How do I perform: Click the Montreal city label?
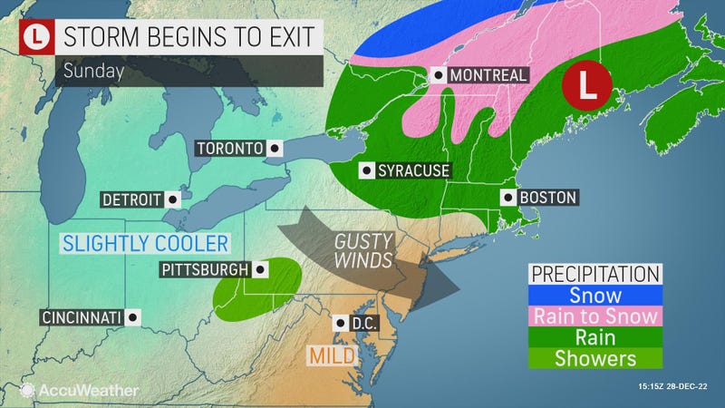click(x=488, y=75)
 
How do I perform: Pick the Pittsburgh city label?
click(x=205, y=269)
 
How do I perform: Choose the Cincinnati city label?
click(x=81, y=317)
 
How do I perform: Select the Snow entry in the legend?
click(x=594, y=296)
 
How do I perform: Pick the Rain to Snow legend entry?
click(x=594, y=316)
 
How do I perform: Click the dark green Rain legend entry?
click(x=594, y=337)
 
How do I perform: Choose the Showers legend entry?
click(x=594, y=358)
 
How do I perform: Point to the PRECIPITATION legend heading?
click(x=594, y=274)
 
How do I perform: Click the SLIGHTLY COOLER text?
click(x=144, y=242)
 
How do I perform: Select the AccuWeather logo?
click(x=79, y=390)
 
